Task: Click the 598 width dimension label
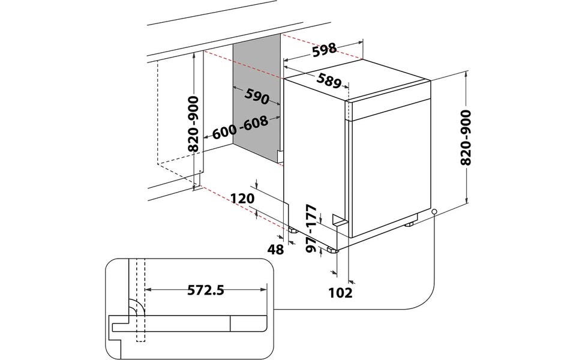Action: click(x=325, y=50)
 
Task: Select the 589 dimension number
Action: click(x=329, y=81)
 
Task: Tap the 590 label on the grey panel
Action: click(x=257, y=97)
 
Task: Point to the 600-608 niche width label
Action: click(x=240, y=127)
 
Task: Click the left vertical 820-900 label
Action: click(x=193, y=124)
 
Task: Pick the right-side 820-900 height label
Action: click(x=465, y=137)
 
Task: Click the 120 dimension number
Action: click(x=242, y=199)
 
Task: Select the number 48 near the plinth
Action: click(x=275, y=250)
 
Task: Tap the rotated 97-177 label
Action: click(x=311, y=229)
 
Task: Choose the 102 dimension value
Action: click(x=340, y=293)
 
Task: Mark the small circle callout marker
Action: click(x=434, y=212)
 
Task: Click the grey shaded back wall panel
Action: click(x=257, y=99)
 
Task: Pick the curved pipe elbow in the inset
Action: click(x=137, y=308)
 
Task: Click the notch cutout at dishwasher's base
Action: click(x=340, y=220)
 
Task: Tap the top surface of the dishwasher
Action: click(x=358, y=80)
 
